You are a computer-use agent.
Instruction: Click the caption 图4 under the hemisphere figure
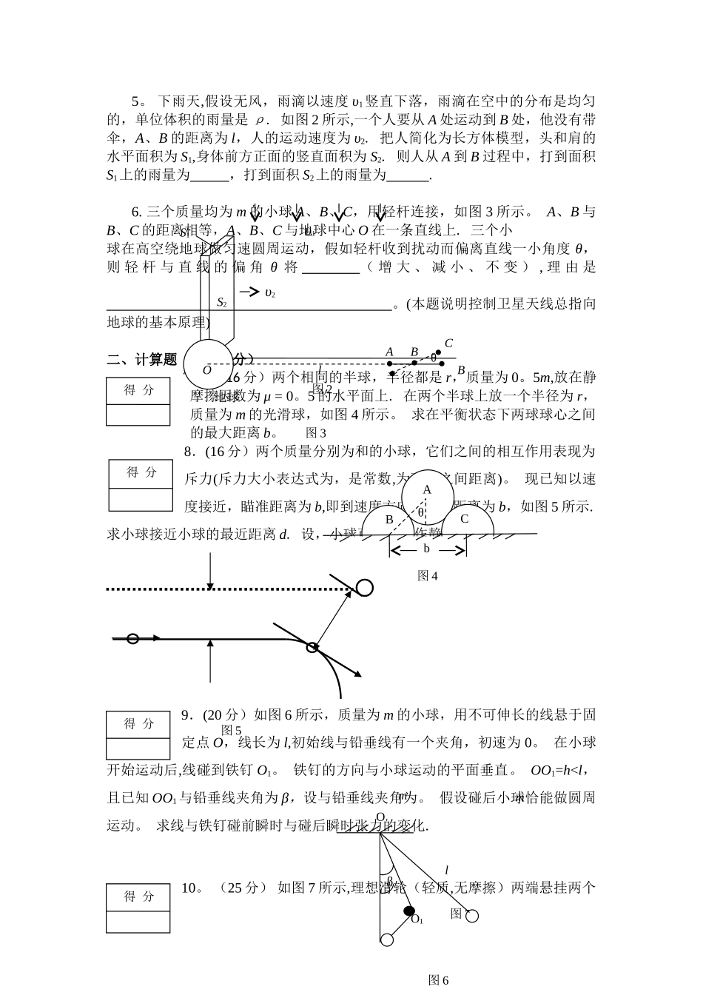pyautogui.click(x=428, y=576)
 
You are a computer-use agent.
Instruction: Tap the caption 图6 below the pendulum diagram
pyautogui.click(x=439, y=980)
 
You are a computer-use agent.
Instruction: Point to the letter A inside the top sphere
pyautogui.click(x=427, y=490)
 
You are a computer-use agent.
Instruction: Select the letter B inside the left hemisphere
pyautogui.click(x=389, y=520)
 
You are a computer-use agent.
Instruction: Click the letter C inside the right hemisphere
pyautogui.click(x=465, y=519)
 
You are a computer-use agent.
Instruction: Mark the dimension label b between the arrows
pyautogui.click(x=427, y=549)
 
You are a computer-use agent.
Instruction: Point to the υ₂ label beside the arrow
pyautogui.click(x=269, y=293)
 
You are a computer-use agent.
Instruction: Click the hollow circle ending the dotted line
pyautogui.click(x=365, y=589)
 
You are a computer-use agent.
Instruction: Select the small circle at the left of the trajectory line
pyautogui.click(x=132, y=638)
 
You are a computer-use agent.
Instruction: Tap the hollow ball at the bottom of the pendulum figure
pyautogui.click(x=386, y=939)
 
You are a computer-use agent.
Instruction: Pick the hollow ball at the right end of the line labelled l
pyautogui.click(x=471, y=917)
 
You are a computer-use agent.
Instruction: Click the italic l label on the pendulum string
pyautogui.click(x=446, y=871)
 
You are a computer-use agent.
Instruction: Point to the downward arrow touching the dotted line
pyautogui.click(x=211, y=574)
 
